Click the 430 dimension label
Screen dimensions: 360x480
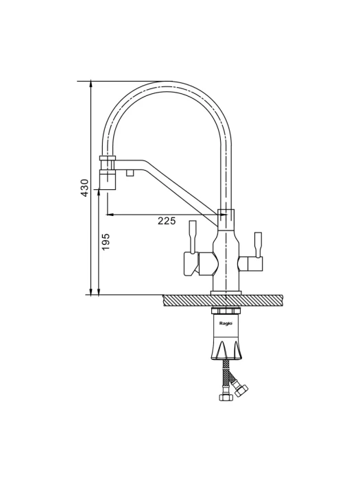(x=85, y=188)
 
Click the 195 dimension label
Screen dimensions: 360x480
(x=106, y=242)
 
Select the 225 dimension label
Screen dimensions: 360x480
(x=167, y=220)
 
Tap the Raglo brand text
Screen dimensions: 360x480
(x=226, y=323)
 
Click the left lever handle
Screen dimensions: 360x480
(x=193, y=237)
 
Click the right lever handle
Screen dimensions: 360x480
(x=258, y=245)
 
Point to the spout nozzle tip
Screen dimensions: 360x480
(x=108, y=180)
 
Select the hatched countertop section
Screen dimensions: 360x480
(x=223, y=300)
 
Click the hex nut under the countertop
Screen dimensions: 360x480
(x=226, y=311)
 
